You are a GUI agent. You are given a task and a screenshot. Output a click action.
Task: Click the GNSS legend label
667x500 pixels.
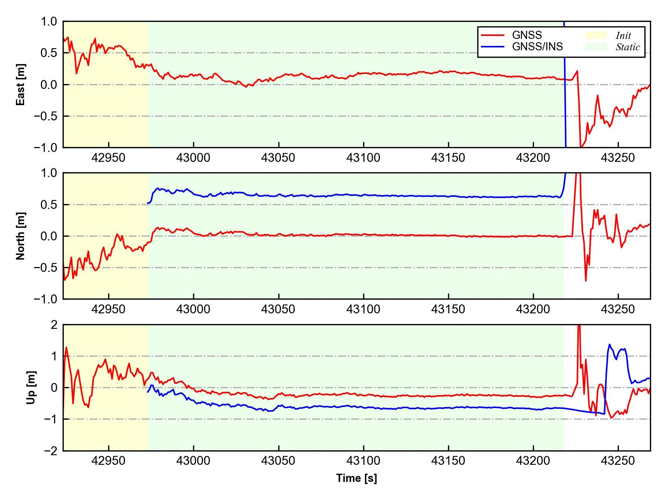pos(527,35)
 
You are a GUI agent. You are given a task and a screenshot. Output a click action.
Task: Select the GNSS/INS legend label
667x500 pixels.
pos(537,47)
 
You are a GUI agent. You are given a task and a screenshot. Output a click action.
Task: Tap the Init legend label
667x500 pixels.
pos(623,36)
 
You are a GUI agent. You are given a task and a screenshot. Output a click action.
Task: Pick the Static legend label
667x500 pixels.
pos(628,47)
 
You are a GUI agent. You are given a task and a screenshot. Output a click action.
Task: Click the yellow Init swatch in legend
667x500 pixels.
pos(596,35)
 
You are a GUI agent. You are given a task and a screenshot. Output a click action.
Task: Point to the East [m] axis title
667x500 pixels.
pos(21,84)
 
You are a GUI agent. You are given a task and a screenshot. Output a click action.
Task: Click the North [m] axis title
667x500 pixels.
pos(21,236)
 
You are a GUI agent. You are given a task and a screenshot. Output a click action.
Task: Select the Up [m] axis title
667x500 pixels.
pos(31,387)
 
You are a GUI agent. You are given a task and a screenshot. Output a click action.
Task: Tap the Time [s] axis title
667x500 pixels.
pos(356,478)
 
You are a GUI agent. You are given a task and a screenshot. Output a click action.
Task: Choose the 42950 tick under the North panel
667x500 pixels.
pos(109,309)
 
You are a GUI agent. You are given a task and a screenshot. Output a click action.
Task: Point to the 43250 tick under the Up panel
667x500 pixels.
pos(618,461)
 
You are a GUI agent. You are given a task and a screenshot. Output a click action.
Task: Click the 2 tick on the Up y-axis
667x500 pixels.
pos(54,325)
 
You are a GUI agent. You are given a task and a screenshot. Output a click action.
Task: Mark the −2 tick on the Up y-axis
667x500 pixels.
pos(51,451)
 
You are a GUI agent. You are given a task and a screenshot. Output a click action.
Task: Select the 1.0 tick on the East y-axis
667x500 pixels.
pos(49,21)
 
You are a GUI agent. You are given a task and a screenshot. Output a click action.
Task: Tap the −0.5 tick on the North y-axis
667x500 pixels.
pos(46,267)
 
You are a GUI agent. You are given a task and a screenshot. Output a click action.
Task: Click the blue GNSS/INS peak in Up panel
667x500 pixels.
pos(609,344)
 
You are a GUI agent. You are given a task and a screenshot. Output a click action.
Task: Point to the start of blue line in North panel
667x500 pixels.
pos(148,203)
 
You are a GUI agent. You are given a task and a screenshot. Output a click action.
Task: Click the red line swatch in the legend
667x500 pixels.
pos(492,35)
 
